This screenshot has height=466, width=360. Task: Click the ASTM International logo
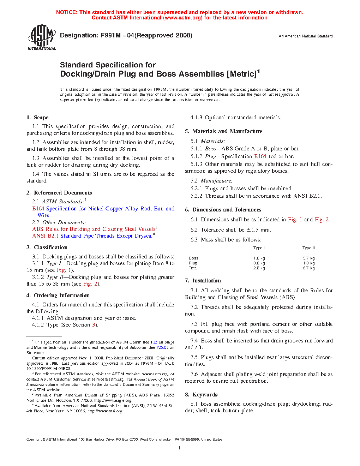click(x=42, y=37)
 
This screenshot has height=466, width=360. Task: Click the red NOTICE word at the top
click(x=67, y=12)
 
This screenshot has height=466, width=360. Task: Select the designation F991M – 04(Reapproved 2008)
click(x=126, y=35)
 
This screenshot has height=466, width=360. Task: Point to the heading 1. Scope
click(x=37, y=118)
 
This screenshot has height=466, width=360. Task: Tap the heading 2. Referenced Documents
click(x=59, y=193)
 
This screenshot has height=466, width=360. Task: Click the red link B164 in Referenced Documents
click(x=38, y=209)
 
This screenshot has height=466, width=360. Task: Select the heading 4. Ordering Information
click(x=58, y=295)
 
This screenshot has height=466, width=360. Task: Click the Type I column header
click(x=259, y=248)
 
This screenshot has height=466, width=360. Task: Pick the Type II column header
click(x=308, y=248)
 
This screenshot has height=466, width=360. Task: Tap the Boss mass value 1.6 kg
click(x=259, y=258)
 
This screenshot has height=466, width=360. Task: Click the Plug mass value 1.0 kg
click(x=308, y=263)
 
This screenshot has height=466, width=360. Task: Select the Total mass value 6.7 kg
click(x=308, y=268)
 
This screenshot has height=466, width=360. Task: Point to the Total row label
click(x=193, y=268)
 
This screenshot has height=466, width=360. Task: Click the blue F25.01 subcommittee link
click(x=162, y=347)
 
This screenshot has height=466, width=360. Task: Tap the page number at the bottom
click(x=180, y=448)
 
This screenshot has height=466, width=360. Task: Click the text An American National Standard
click(x=306, y=36)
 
